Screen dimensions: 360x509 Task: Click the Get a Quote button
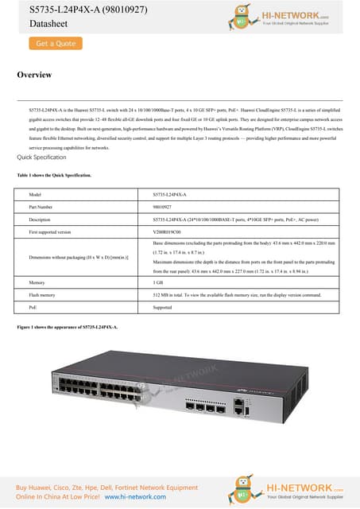55,44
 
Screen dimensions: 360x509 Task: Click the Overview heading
34,75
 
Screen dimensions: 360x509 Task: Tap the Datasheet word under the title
36,24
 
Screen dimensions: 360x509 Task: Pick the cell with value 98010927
165,206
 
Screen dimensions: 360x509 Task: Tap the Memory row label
37,282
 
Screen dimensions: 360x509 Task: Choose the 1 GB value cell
158,282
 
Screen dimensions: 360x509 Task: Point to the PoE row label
33,306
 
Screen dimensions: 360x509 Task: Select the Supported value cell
163,306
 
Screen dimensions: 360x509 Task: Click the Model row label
34,194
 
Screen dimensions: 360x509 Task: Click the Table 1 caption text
53,174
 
